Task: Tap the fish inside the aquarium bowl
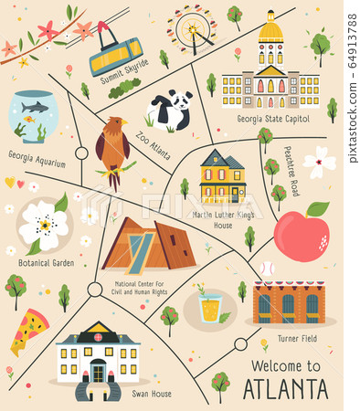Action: coord(34,109)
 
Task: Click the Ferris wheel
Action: coord(191,30)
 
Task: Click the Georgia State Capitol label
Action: coord(272,119)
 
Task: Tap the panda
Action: coord(170,111)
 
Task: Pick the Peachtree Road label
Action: coord(291,171)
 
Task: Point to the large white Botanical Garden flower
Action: coord(44,222)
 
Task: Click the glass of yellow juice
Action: coord(210,308)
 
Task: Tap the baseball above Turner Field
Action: coord(265,269)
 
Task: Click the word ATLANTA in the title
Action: coord(286,388)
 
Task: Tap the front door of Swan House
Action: coord(97,373)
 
